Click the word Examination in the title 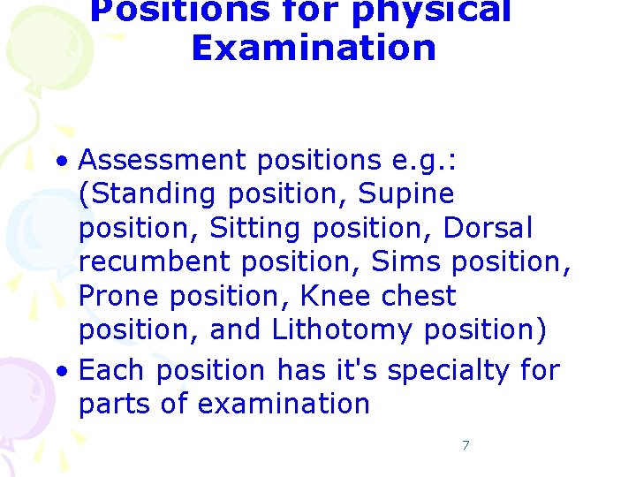tap(314, 48)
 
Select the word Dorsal tap(488, 228)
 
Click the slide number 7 tap(466, 445)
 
